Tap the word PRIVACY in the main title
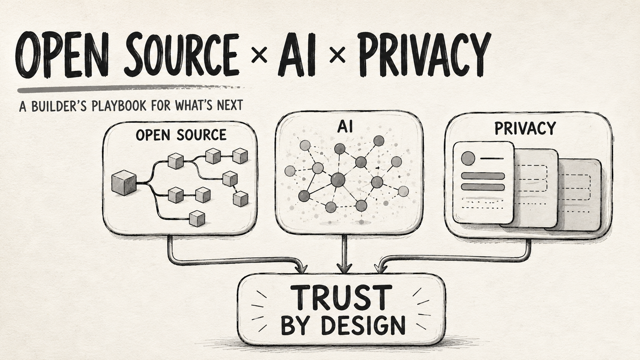[424, 54]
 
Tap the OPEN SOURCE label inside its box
[181, 135]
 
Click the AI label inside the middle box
[345, 127]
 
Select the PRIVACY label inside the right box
[525, 128]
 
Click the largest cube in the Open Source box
[124, 183]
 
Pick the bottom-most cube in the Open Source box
[197, 218]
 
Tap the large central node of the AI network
[338, 180]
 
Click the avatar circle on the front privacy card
[468, 158]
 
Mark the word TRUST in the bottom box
[341, 298]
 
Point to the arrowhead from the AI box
[344, 268]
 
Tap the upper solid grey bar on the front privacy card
[483, 176]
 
